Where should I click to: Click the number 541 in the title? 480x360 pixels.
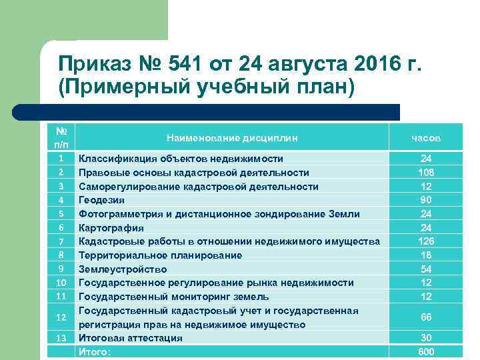click(x=183, y=63)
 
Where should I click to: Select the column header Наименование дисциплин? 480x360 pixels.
click(x=232, y=138)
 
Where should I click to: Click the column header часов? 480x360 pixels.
click(x=426, y=138)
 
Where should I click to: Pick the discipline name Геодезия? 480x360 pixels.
click(x=101, y=200)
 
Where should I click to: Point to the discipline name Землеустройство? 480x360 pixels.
click(x=123, y=269)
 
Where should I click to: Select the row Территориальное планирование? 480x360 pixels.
click(x=160, y=255)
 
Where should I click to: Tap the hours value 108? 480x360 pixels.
click(x=426, y=173)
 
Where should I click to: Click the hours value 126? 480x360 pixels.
click(x=426, y=241)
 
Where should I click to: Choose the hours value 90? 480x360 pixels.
click(x=426, y=200)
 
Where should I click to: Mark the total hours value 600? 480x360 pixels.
click(x=426, y=352)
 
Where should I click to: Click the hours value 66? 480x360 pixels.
click(x=426, y=317)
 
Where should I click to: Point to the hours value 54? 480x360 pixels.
click(x=426, y=269)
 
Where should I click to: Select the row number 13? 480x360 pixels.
click(x=61, y=338)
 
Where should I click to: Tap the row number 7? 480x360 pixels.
click(x=61, y=241)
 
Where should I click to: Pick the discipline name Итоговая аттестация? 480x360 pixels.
click(x=130, y=338)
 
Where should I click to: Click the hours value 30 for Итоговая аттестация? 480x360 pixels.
click(x=426, y=338)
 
